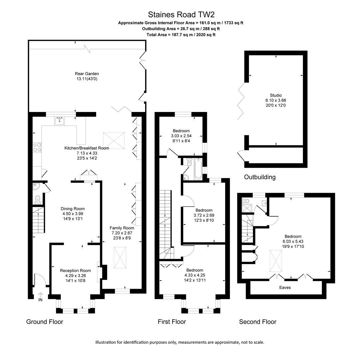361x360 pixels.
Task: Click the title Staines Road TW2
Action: (181, 15)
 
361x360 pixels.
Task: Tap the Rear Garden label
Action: (87, 74)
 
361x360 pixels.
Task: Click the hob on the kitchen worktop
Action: (37, 147)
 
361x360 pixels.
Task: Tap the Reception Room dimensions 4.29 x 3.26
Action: (75, 276)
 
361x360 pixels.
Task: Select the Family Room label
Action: (122, 228)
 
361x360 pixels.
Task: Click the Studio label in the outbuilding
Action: (276, 95)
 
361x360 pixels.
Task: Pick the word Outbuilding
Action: (260, 177)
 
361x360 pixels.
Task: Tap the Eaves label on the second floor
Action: (285, 287)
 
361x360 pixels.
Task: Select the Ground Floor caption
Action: (45, 322)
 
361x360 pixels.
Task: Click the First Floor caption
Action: (172, 322)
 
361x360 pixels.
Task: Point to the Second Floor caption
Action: (258, 322)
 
